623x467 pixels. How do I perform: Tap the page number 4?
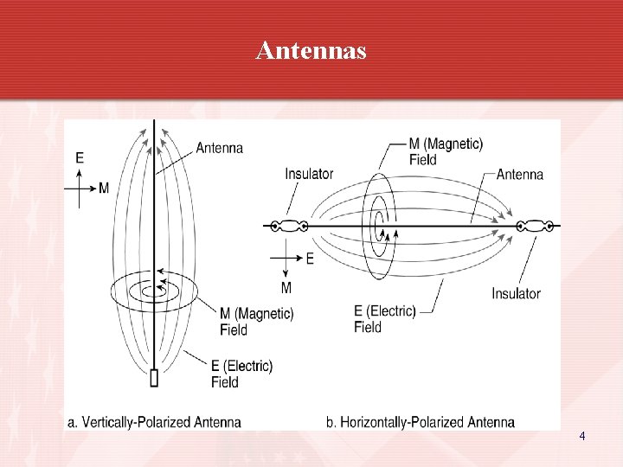click(582, 437)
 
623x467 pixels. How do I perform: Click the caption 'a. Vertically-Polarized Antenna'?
click(154, 422)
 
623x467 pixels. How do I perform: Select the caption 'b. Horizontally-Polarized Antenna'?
click(421, 422)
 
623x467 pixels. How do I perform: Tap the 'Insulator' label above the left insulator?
click(309, 174)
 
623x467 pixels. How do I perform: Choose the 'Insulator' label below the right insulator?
click(516, 293)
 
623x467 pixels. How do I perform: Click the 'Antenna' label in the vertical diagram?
click(220, 148)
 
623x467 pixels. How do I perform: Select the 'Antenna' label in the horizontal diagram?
click(520, 174)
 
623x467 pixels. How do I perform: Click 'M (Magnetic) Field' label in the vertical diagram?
click(256, 321)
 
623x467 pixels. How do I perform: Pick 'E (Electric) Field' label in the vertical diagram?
click(241, 374)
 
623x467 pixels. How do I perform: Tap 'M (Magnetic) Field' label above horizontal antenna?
click(446, 151)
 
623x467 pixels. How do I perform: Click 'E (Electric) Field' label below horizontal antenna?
click(385, 319)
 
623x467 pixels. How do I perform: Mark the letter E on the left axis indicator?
click(80, 157)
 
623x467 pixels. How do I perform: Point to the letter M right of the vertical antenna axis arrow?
click(104, 188)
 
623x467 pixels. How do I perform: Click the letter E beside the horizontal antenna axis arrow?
click(310, 258)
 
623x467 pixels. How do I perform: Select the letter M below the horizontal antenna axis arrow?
click(286, 287)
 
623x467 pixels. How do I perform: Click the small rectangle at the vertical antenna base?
click(154, 378)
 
